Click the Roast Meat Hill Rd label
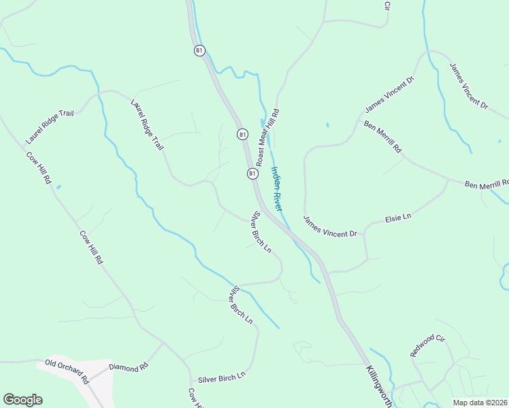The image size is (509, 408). pos(267,133)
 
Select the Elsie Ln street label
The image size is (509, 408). pos(399,218)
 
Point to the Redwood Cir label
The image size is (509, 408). pos(427,345)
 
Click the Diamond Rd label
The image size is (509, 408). pos(129,368)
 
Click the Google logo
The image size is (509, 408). pos(22,400)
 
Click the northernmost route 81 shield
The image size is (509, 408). pos(199,50)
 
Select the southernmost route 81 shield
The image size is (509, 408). pos(252,174)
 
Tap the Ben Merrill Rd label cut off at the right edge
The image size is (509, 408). pos(487,184)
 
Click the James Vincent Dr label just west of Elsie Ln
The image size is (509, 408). pos(330,226)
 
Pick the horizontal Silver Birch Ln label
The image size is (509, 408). pos(221,378)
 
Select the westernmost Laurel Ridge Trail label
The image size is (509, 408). pos(49,127)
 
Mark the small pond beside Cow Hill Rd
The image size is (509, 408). pos(58,186)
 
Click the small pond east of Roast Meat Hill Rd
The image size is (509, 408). pos(327,125)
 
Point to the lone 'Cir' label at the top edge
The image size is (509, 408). pos(387,5)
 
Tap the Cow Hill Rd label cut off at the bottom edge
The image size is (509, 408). pos(196,399)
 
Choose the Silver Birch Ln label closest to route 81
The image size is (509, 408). pos(261,233)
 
